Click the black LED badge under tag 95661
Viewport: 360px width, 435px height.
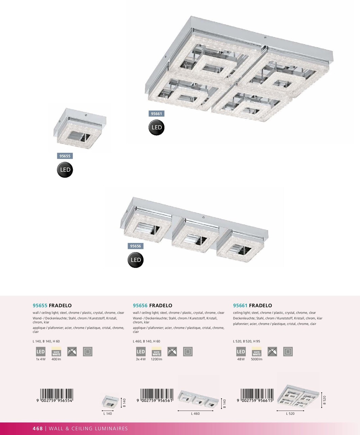pyautogui.click(x=156, y=128)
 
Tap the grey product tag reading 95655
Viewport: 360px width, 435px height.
pyautogui.click(x=65, y=156)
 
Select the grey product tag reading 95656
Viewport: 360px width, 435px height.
pyautogui.click(x=135, y=246)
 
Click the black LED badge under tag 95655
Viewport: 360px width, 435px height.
pyautogui.click(x=65, y=170)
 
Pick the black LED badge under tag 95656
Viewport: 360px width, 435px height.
pyautogui.click(x=135, y=260)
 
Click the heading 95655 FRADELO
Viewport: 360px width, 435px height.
pyautogui.click(x=52, y=306)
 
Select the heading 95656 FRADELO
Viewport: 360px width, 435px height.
pyautogui.click(x=152, y=306)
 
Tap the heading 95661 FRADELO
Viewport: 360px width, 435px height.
pyautogui.click(x=252, y=306)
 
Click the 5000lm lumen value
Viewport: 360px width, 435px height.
pyautogui.click(x=257, y=359)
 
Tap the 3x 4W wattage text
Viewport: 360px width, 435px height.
pyautogui.click(x=141, y=359)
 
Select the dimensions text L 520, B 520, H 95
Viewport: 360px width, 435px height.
pyautogui.click(x=246, y=341)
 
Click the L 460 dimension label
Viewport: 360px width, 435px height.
pyautogui.click(x=195, y=414)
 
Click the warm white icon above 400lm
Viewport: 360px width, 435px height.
pyautogui.click(x=56, y=352)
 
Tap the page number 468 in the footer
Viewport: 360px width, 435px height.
pyautogui.click(x=38, y=429)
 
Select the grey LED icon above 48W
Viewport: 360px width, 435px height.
pyautogui.click(x=241, y=352)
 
